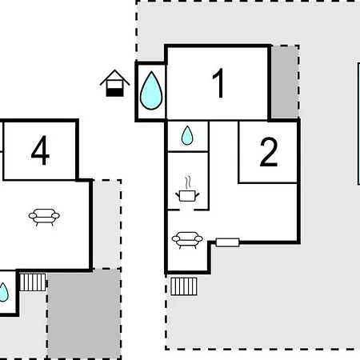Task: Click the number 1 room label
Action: (218, 83)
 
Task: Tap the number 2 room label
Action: (269, 152)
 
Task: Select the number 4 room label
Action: (40, 150)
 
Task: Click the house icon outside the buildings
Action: (115, 83)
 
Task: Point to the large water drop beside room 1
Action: (151, 90)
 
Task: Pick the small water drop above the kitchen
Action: (187, 135)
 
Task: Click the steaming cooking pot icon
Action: (187, 189)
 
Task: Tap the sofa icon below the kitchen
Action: (187, 240)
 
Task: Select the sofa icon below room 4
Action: (44, 217)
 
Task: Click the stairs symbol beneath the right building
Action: (184, 286)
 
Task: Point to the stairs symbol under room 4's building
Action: (33, 282)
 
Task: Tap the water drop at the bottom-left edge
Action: (4, 292)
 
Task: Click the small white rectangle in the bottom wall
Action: (227, 242)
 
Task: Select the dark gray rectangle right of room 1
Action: (285, 82)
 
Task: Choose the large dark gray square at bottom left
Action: (84, 314)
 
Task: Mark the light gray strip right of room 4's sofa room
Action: (107, 224)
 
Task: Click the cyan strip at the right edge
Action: (359, 123)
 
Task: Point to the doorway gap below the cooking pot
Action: (187, 210)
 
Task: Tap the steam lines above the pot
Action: (188, 182)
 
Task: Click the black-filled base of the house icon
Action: (115, 93)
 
